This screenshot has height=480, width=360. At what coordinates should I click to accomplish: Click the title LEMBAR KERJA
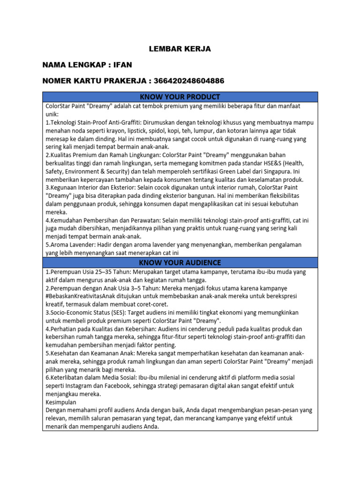coord(180,49)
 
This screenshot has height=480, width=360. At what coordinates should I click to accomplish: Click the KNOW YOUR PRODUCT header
coord(180,97)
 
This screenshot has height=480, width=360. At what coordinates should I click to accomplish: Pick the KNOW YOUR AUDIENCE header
coord(180,262)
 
